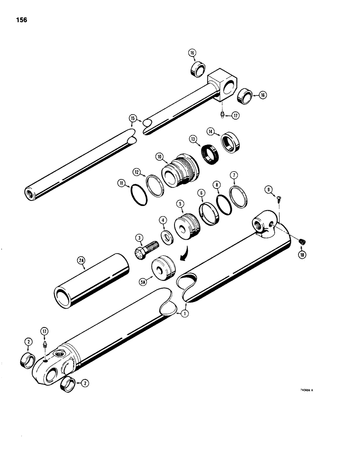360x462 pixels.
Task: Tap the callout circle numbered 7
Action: (234, 175)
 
